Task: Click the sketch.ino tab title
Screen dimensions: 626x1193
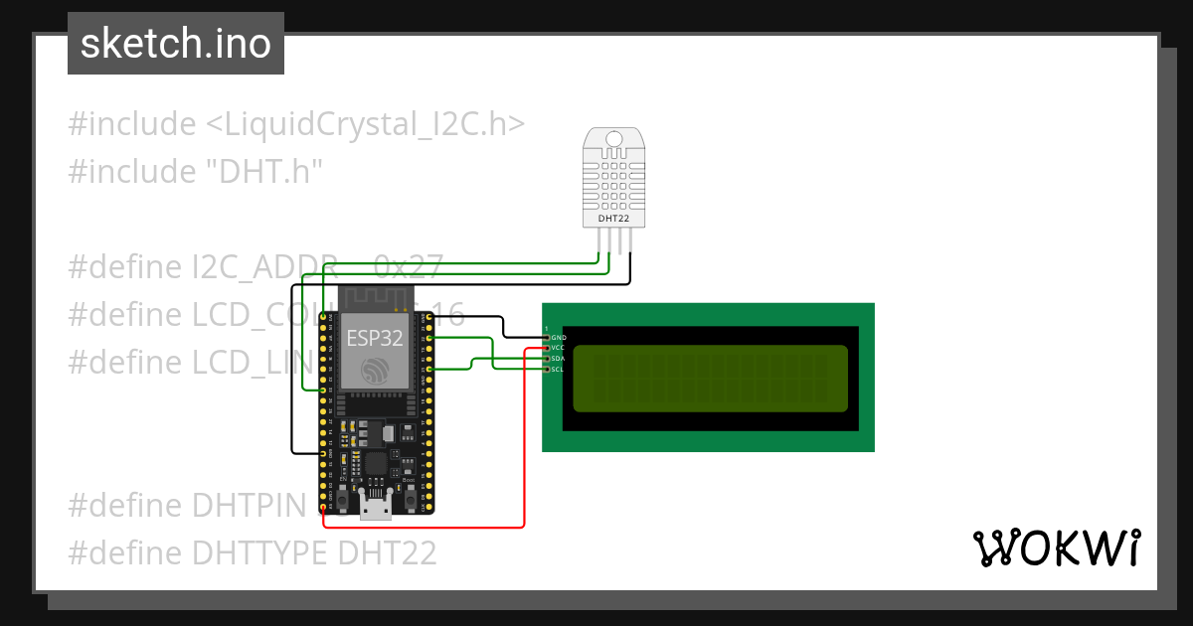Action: tap(176, 44)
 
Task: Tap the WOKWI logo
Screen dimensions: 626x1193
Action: tap(1056, 548)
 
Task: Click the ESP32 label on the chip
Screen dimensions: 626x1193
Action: tap(375, 337)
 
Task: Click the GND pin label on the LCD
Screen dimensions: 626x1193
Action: tap(558, 338)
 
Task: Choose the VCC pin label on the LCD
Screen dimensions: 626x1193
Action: tap(558, 348)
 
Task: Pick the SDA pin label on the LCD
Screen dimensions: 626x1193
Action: tap(558, 359)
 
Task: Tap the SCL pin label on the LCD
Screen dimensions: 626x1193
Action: tap(558, 370)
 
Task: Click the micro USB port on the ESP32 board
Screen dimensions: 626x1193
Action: tap(376, 509)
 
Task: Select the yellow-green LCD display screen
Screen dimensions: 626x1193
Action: tap(710, 379)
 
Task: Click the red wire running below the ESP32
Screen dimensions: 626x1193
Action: tap(427, 526)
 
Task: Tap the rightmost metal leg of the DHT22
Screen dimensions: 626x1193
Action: tap(630, 241)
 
